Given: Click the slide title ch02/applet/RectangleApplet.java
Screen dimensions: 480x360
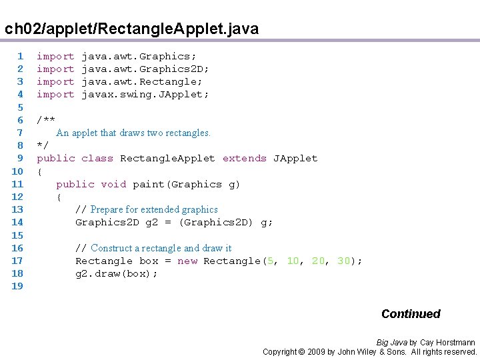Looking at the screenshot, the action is point(131,29).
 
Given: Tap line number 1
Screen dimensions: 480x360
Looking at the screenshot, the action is point(20,57).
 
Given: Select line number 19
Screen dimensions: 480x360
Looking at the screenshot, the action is point(17,286).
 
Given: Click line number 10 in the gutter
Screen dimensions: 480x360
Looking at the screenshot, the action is point(17,171).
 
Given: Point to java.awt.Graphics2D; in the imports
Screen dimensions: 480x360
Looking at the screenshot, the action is point(145,69).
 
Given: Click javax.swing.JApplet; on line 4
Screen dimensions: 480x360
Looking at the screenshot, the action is point(145,95).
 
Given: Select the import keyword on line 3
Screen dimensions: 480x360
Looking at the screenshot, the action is point(55,82).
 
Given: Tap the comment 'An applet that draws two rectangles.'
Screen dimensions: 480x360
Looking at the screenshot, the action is point(133,133).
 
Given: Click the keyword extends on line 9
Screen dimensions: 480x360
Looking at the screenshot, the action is point(245,159).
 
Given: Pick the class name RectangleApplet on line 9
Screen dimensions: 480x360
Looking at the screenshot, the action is point(167,159).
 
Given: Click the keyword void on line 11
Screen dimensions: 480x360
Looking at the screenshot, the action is point(113,184).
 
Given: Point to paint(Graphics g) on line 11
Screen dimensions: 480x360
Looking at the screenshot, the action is point(186,184).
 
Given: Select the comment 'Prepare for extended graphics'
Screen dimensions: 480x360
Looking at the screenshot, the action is point(154,209).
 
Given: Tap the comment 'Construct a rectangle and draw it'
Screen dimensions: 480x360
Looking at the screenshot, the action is point(161,248).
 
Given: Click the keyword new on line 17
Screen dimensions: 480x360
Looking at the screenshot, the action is point(187,261).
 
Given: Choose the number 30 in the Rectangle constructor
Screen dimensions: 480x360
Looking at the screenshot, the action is point(344,261).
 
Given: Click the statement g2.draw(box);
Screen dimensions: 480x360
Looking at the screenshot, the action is point(117,274).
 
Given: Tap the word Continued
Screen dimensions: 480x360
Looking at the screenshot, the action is point(411,314).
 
